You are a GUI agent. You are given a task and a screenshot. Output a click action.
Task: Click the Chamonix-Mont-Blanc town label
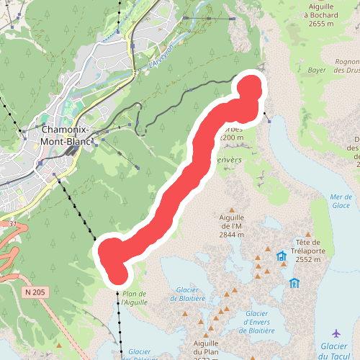tap(67, 136)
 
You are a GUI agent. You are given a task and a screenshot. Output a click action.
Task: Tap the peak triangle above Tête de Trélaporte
tap(308, 234)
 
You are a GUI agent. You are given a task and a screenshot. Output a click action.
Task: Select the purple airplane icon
tap(336, 333)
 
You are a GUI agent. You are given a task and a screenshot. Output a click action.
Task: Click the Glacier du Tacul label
tap(336, 351)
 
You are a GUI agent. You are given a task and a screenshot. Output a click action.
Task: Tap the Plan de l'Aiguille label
tap(135, 298)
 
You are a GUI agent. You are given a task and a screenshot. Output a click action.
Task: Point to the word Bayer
tap(318, 71)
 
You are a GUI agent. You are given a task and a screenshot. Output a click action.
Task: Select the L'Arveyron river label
tap(163, 54)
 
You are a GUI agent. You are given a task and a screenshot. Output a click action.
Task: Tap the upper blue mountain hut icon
tap(280, 256)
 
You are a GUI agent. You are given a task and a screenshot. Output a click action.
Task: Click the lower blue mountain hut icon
tap(294, 283)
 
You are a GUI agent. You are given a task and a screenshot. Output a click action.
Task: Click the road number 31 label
tap(12, 225)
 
